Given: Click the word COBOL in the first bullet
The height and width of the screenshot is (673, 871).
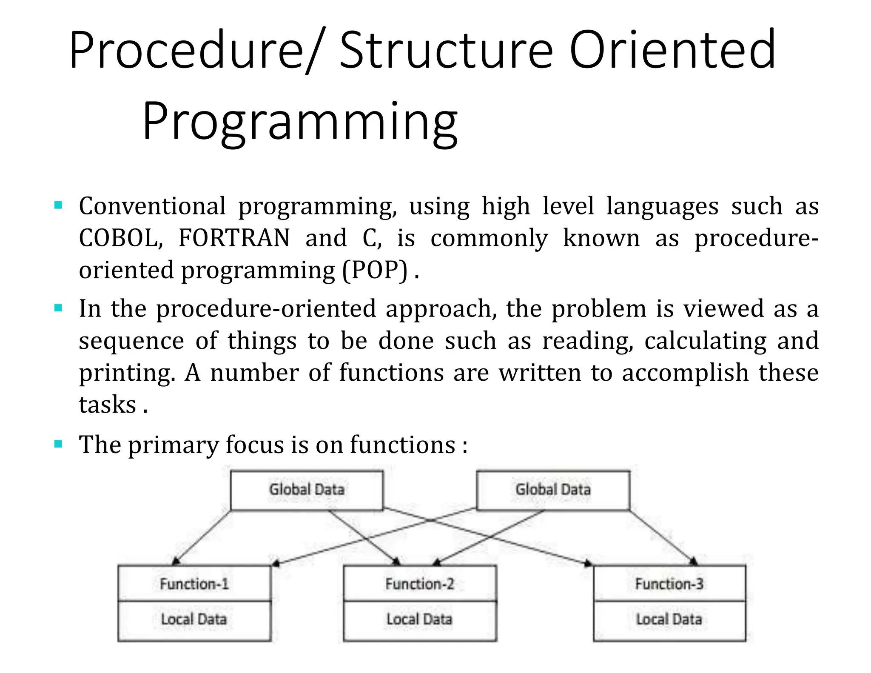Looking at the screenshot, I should (121, 238).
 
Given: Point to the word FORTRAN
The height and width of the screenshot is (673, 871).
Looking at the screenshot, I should (234, 238).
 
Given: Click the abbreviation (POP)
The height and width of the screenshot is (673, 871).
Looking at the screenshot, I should (375, 270).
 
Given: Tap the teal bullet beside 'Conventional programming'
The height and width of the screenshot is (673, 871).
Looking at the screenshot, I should (59, 206).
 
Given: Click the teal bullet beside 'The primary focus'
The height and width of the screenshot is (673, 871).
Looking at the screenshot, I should (59, 445).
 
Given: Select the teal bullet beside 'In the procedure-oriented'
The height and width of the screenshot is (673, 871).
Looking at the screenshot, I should (59, 308).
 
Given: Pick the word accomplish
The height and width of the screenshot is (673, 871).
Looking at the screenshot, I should (685, 373).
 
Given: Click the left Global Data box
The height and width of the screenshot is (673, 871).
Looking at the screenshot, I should (307, 490).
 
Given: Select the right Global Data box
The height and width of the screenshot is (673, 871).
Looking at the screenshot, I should (553, 490).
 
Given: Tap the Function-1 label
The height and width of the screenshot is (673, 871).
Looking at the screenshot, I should (194, 584).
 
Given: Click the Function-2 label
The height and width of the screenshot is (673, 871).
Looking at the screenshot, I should (420, 584).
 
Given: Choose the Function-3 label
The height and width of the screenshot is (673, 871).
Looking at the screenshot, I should (669, 584).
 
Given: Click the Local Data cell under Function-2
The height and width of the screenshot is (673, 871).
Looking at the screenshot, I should (420, 619).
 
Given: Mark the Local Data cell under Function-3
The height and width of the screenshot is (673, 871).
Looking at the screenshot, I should (669, 619).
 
